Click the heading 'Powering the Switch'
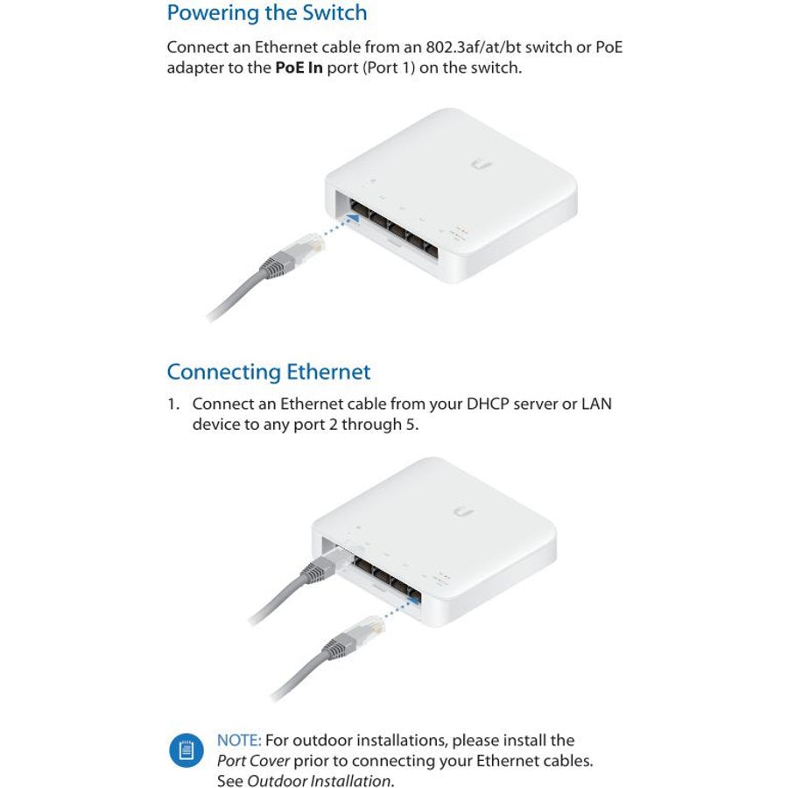[267, 13]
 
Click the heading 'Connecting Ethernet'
[269, 372]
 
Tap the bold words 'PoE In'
[299, 67]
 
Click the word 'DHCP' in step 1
[488, 404]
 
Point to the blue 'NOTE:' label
[239, 740]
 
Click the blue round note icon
[186, 751]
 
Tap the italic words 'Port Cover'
[253, 761]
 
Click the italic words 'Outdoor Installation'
[319, 780]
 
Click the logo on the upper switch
[482, 165]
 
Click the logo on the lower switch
[463, 512]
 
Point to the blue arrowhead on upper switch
[354, 218]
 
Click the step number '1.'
[173, 404]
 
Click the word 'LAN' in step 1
[596, 404]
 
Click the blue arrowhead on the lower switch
[415, 599]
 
